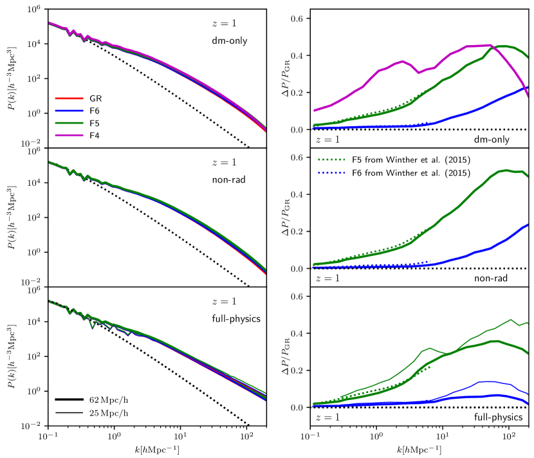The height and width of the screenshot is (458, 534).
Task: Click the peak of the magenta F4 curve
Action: (x=490, y=45)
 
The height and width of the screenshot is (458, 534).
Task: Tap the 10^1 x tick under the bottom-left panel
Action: (x=181, y=435)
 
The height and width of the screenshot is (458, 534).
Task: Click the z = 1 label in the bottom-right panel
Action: (x=324, y=417)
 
